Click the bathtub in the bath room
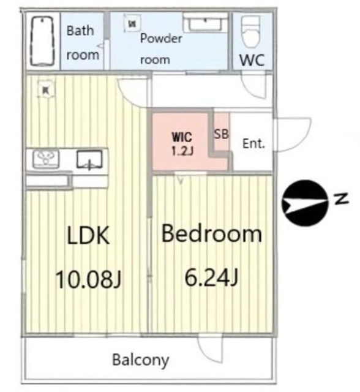coord(42,41)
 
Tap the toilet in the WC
coord(250,32)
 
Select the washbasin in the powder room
coord(205,23)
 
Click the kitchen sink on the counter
coord(89,159)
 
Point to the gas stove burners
coord(46,159)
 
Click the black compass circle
coord(304,203)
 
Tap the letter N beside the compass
coord(341,198)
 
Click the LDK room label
coord(88,235)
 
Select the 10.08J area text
coord(88,279)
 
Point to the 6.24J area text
coord(211,277)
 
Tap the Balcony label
coord(141,360)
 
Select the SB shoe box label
coord(221,134)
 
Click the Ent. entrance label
coord(253,143)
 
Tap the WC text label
coord(252,60)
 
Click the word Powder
coord(161,39)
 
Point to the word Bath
coord(80,31)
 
